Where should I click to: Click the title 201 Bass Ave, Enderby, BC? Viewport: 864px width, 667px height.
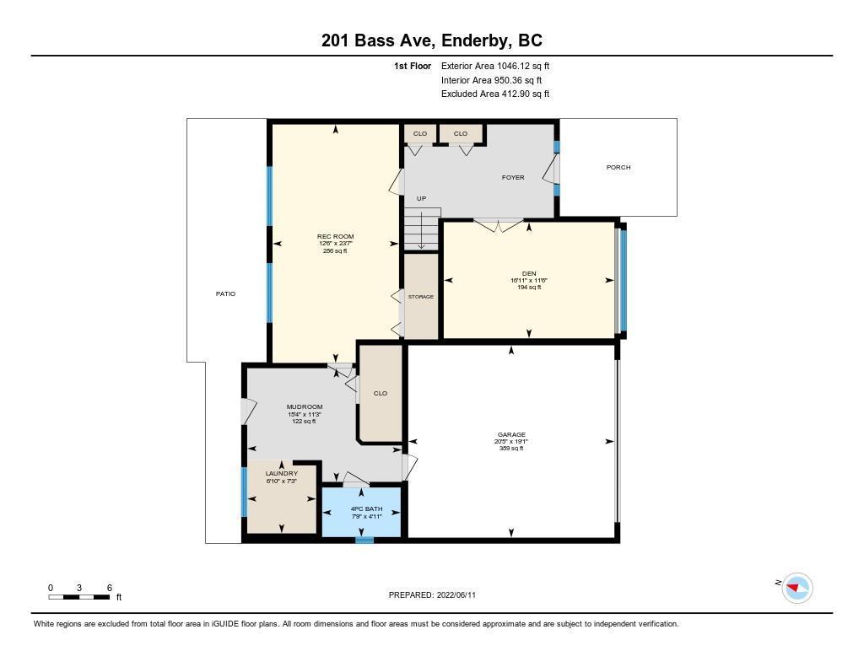431,40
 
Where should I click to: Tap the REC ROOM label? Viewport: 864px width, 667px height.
335,236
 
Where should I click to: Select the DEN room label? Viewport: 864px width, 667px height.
529,273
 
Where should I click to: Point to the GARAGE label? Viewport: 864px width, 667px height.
511,434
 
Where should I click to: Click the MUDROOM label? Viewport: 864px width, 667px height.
304,407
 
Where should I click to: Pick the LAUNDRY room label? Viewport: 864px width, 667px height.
282,474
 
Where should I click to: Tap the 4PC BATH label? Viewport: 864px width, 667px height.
366,509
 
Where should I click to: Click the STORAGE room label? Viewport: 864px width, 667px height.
421,297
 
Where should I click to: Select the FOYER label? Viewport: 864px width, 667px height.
513,177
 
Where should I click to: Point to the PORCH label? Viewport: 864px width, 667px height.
618,167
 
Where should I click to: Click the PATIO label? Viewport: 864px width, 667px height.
225,294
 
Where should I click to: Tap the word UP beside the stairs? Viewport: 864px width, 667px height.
422,198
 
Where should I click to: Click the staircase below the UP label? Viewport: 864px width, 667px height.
422,229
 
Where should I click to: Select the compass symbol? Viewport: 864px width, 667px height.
797,588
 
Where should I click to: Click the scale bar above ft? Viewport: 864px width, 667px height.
78,597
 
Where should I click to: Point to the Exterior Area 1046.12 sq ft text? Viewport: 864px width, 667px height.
495,66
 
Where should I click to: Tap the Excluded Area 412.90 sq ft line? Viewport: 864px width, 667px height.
495,94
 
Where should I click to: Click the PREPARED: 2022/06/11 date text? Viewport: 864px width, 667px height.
432,594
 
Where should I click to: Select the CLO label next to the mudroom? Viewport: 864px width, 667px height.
381,393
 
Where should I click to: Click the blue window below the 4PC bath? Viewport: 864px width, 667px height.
364,541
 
